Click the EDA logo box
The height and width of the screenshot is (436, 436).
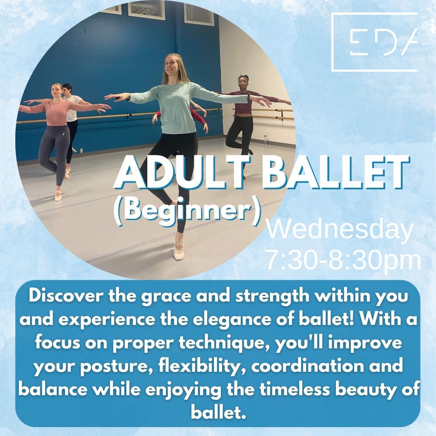pos(374,13)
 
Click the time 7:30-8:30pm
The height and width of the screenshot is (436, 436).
pos(344,260)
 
